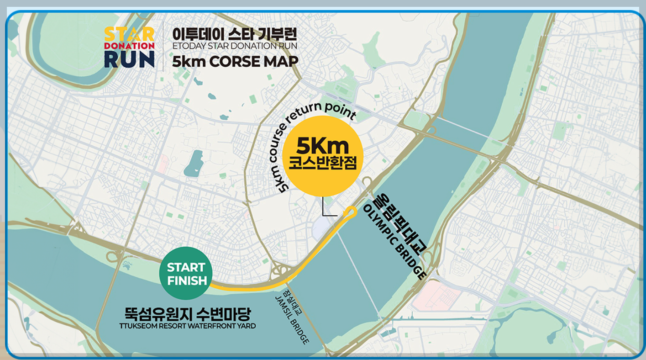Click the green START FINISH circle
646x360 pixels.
[x=186, y=273]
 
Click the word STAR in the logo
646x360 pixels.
[x=129, y=34]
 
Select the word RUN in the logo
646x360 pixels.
[x=129, y=58]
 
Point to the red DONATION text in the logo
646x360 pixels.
[x=129, y=46]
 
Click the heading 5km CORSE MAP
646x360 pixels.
[x=235, y=61]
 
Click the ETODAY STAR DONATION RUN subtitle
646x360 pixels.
[x=235, y=46]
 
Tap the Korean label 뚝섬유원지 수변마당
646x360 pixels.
[x=188, y=314]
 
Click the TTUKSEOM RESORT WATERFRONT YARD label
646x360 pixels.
[x=188, y=326]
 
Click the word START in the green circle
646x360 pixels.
[x=186, y=267]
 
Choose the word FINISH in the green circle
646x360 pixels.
[x=187, y=280]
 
